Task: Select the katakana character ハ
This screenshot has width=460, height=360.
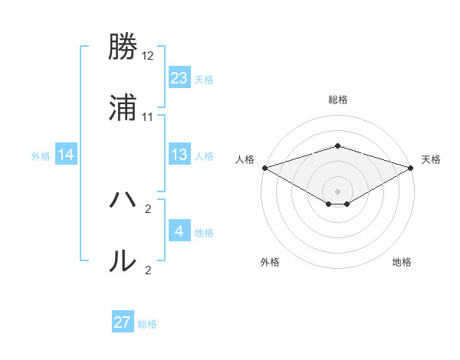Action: pos(123,201)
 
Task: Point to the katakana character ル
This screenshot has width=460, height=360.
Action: pos(123,260)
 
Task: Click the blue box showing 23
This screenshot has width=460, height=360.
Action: pos(179,78)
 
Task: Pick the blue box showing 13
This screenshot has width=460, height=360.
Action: pos(179,155)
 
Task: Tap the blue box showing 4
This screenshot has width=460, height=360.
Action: pos(179,231)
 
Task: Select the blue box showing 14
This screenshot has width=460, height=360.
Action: pos(66,155)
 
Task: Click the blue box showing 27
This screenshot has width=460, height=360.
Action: pos(123,322)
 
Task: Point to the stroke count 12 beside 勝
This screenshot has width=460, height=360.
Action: pos(148,57)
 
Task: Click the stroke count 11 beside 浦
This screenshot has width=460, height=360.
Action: pos(148,116)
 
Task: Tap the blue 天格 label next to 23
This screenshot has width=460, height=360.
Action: pos(204,80)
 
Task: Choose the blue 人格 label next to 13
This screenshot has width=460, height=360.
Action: pos(204,156)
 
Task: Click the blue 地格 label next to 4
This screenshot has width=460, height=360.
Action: pos(204,233)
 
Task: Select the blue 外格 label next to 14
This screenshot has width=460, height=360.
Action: pos(41,156)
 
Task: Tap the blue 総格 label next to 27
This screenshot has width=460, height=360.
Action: pos(147,324)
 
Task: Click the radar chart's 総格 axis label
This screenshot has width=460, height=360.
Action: pos(337,100)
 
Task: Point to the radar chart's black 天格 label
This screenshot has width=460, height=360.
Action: pos(432,159)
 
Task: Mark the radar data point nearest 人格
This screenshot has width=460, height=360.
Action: pos(264,168)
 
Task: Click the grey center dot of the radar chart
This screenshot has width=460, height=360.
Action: pos(337,191)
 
